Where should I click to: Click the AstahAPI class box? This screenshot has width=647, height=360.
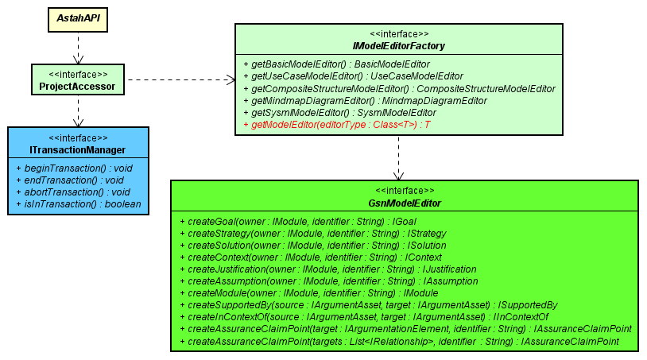[x=77, y=17]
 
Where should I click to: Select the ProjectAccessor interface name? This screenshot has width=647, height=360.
[x=77, y=86]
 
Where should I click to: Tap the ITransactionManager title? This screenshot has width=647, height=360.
[x=77, y=150]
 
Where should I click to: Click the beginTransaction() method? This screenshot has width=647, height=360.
[x=73, y=168]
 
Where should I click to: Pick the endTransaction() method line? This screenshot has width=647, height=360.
[x=70, y=180]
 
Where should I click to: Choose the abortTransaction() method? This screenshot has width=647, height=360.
[x=72, y=192]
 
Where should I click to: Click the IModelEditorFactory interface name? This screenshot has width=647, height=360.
[x=398, y=46]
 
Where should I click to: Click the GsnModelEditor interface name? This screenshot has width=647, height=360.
[x=405, y=203]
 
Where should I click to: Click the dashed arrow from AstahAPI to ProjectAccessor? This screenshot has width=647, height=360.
[x=77, y=48]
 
